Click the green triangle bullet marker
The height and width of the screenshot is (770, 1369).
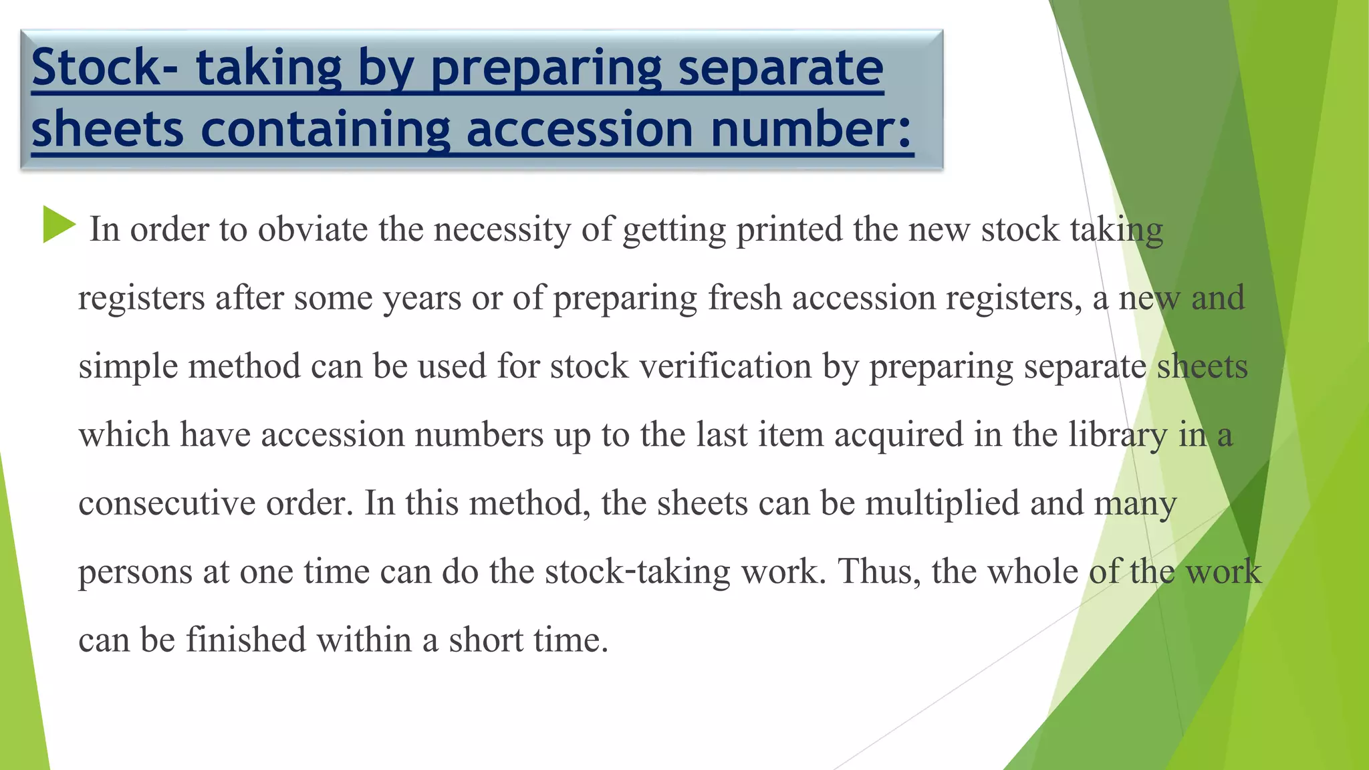click(x=59, y=225)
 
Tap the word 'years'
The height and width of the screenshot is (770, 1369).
click(x=422, y=298)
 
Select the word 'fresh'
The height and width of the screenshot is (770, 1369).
click(x=745, y=298)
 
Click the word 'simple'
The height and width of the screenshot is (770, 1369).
click(x=128, y=367)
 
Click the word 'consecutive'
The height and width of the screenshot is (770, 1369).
click(x=167, y=503)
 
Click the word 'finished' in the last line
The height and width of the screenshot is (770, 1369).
click(x=245, y=640)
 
